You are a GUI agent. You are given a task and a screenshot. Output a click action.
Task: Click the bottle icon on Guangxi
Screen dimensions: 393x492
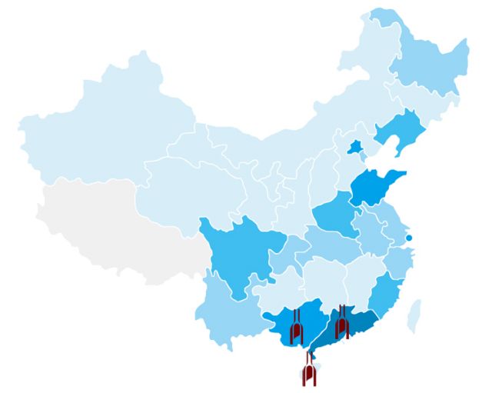click(296, 331)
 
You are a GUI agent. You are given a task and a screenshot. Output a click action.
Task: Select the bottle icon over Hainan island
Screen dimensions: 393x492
click(309, 372)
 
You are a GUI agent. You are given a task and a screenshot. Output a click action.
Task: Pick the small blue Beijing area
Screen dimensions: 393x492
click(355, 147)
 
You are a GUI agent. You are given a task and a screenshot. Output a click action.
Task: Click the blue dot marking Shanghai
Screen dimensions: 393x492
click(409, 238)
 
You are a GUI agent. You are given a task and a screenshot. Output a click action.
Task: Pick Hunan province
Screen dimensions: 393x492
click(321, 281)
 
